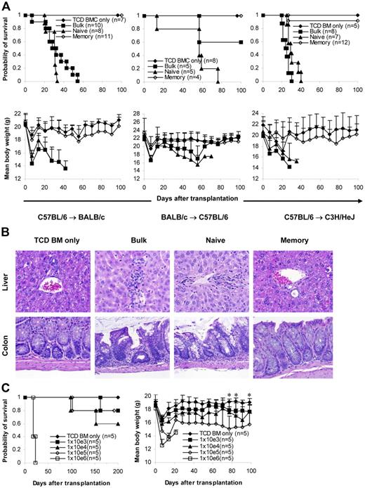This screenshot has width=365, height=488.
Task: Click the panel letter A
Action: [6, 6]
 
